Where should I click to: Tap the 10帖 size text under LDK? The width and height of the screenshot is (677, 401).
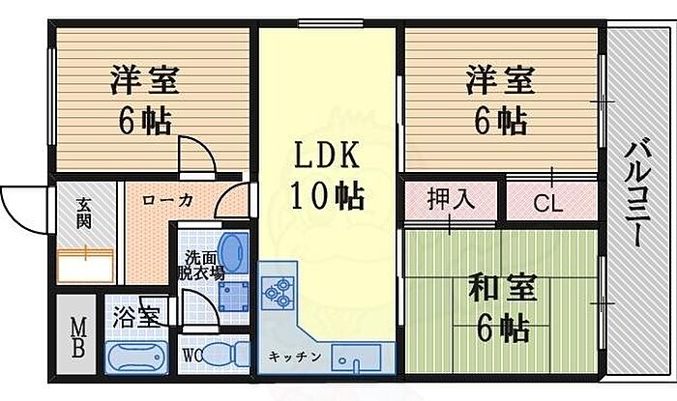(328, 196)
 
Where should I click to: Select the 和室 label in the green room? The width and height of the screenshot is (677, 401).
(500, 288)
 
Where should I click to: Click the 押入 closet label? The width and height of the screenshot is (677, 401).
(450, 201)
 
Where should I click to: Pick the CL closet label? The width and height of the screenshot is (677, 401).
(549, 203)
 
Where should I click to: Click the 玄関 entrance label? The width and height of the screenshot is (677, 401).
(83, 213)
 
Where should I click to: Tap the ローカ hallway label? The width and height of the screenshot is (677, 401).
(167, 200)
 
